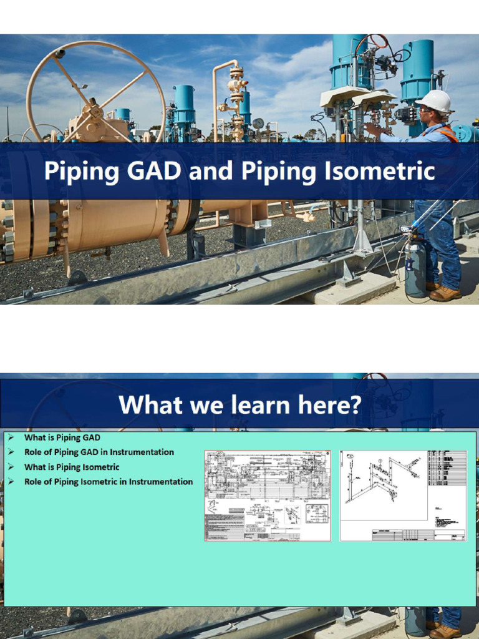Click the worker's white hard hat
click(x=434, y=100)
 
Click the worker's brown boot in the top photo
click(x=445, y=293)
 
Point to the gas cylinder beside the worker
click(x=415, y=265)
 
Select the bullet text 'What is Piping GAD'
click(x=62, y=437)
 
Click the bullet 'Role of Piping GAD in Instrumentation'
click(x=99, y=452)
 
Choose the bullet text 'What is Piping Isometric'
click(x=71, y=467)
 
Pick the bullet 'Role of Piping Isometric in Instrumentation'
click(x=108, y=481)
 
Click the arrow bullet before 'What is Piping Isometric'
click(x=11, y=467)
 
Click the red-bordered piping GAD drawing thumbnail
click(x=268, y=495)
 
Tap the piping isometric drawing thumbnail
click(x=402, y=495)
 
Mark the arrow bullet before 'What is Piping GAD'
click(x=11, y=437)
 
